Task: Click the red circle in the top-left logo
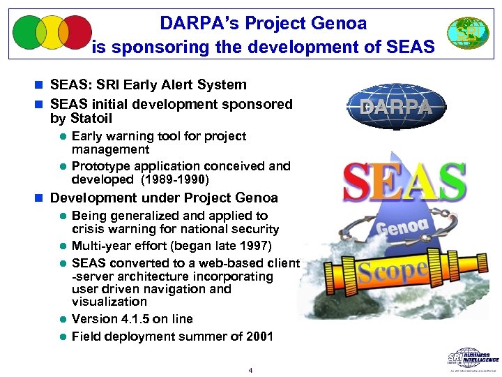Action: [76, 33]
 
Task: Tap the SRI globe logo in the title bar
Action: [468, 33]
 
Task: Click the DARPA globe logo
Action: [395, 108]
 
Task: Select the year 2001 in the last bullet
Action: [257, 337]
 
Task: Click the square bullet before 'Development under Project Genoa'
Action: [43, 198]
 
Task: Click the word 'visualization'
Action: [109, 302]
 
